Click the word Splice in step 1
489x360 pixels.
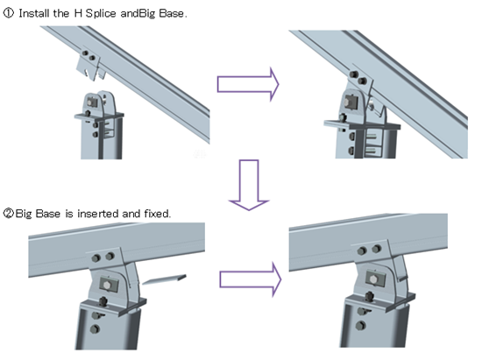click(x=101, y=13)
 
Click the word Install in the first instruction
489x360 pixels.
click(x=34, y=13)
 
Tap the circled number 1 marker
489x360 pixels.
click(x=9, y=13)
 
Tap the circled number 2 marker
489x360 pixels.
click(x=9, y=214)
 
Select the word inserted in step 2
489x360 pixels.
click(x=98, y=214)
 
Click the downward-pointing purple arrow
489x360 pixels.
click(x=249, y=185)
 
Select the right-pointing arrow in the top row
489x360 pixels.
click(x=248, y=84)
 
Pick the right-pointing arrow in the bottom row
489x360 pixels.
click(x=251, y=279)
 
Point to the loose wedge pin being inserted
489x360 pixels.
click(x=165, y=279)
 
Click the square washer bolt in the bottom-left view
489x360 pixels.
click(x=108, y=285)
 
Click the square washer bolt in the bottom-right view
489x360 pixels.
click(x=375, y=279)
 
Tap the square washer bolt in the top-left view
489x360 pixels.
click(x=92, y=102)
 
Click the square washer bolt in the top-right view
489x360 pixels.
click(x=351, y=102)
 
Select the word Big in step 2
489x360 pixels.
click(x=24, y=214)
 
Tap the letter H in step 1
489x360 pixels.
click(x=78, y=13)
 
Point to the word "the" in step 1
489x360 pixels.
click(x=61, y=13)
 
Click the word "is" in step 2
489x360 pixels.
click(x=69, y=214)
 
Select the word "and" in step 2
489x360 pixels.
click(x=131, y=214)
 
